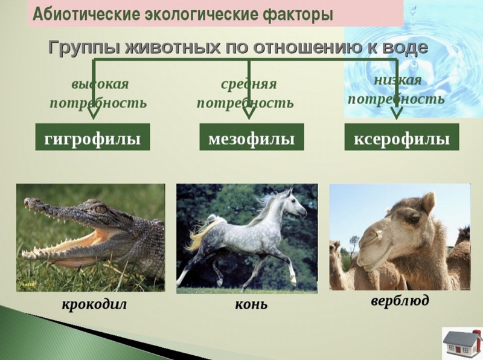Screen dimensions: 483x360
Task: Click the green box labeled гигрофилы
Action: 93,137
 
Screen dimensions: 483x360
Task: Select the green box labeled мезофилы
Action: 252,137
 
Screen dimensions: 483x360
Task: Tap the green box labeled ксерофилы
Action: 401,137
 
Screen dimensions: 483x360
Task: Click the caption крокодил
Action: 95,304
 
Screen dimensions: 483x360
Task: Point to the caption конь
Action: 251,304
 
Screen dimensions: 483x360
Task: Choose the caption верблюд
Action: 400,300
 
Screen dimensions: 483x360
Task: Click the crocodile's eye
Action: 101,209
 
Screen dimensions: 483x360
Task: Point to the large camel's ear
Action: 428,202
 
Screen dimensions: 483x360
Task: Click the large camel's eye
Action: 414,220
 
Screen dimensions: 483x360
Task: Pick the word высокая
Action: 100,84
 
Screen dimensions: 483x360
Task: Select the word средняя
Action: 249,84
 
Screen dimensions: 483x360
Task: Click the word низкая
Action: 397,80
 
